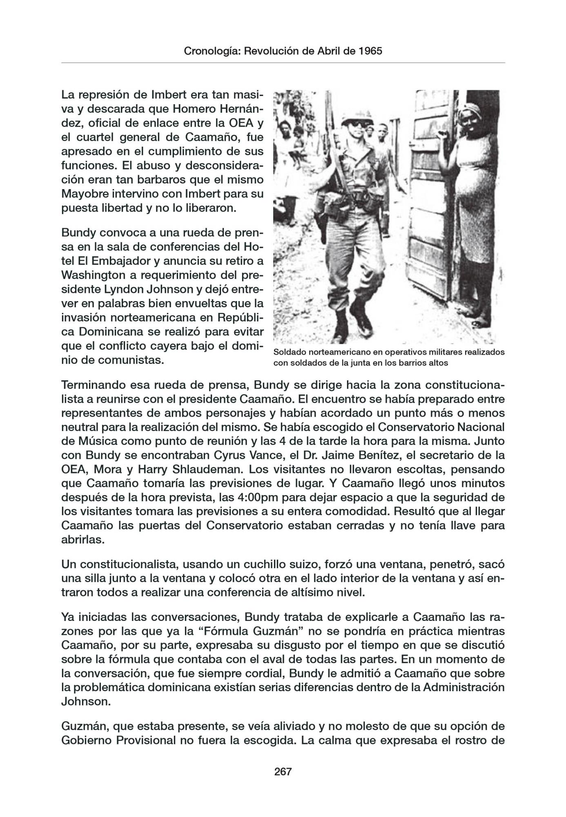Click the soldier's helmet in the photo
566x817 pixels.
352,121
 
